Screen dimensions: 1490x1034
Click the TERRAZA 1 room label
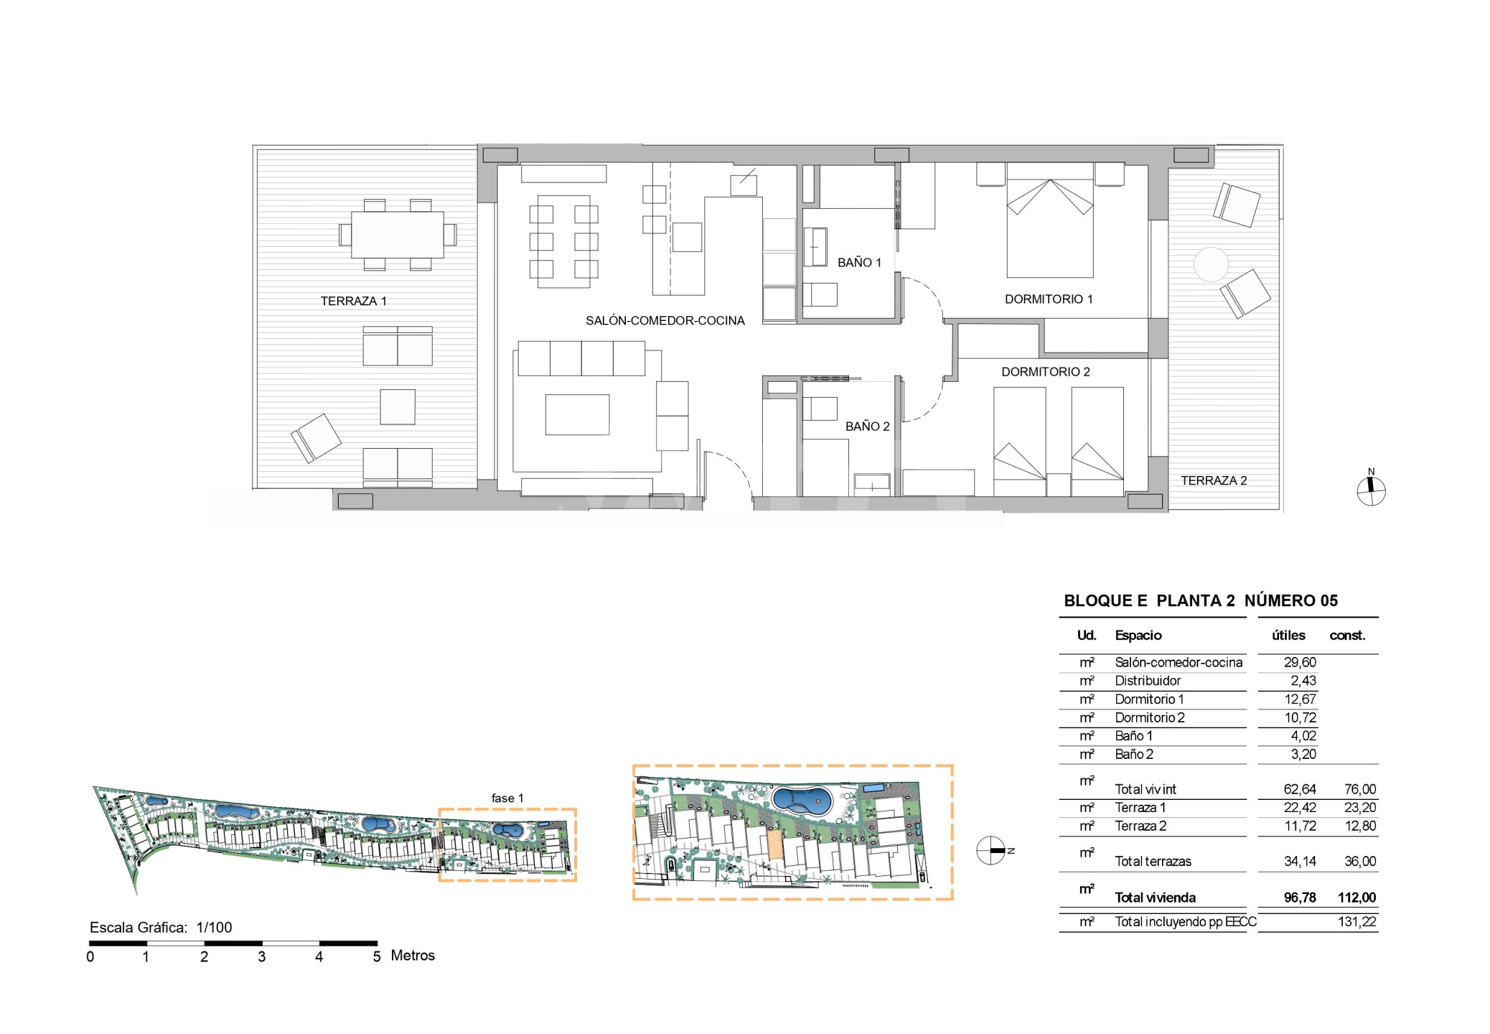point(353,301)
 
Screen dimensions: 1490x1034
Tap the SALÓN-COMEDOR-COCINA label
point(665,320)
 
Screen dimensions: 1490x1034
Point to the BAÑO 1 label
point(859,263)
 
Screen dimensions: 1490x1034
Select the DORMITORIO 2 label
point(1045,371)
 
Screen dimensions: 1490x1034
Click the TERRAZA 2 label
point(1214,480)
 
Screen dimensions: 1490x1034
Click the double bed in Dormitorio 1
point(1049,220)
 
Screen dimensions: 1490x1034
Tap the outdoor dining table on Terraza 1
point(397,234)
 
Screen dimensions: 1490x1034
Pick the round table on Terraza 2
point(1211,264)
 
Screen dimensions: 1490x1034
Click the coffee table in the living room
point(577,414)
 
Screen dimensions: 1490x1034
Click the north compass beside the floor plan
point(1371,490)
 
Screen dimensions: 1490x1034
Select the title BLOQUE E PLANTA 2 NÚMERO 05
point(1201,600)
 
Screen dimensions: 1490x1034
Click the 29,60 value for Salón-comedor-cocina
point(1300,662)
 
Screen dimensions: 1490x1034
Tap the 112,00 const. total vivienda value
point(1357,897)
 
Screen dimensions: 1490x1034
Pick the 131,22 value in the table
point(1357,921)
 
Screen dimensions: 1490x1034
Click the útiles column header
point(1288,635)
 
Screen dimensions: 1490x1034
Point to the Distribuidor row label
point(1147,681)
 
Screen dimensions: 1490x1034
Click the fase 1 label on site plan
point(507,798)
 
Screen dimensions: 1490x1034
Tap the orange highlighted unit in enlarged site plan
point(774,844)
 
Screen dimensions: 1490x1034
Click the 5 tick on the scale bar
point(376,956)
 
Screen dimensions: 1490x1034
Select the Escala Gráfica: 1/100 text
point(161,927)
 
